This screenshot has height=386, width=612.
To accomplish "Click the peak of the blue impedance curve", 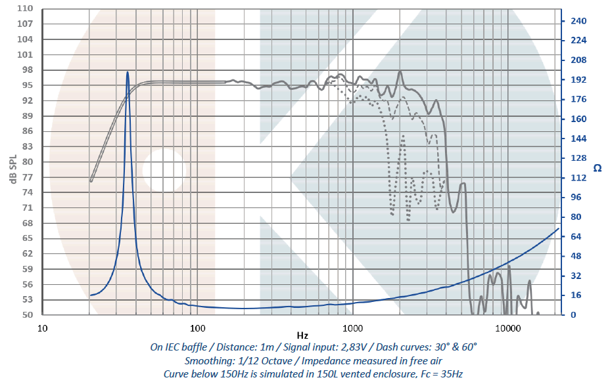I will (128, 72).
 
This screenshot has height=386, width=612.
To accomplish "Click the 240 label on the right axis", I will (578, 21).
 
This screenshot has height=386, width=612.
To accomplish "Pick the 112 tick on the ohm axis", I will (578, 178).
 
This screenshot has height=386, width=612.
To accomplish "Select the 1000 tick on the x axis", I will (352, 327).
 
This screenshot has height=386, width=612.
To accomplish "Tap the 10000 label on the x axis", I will (507, 327).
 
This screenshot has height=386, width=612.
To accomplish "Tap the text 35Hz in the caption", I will (451, 374).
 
